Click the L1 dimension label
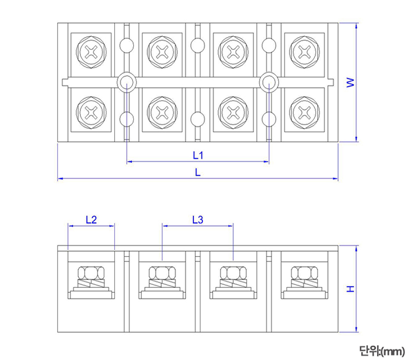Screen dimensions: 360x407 point(198,154)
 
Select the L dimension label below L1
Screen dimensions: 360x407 point(198,172)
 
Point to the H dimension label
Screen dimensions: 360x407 point(350,289)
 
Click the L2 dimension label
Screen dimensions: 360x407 point(91,220)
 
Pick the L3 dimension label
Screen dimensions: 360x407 point(198,220)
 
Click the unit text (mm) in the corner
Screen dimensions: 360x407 point(381,350)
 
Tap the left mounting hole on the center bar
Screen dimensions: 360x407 point(126,82)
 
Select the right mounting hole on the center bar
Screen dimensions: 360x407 point(269,82)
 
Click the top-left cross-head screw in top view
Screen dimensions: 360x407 point(91,51)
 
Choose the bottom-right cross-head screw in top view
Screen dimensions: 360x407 point(305,112)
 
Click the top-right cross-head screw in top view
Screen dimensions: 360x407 point(305,51)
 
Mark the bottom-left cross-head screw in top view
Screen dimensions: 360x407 point(91,112)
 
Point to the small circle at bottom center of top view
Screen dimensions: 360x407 point(197,119)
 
